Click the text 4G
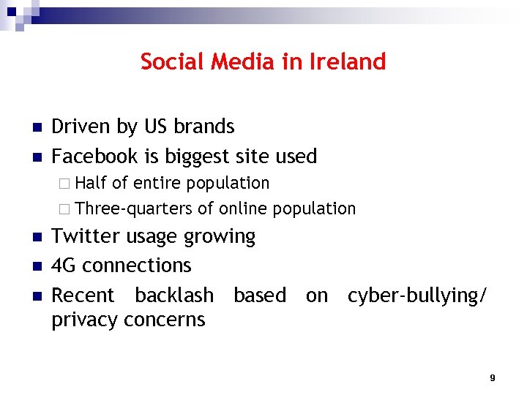(64, 266)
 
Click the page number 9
(492, 377)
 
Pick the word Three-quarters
(134, 209)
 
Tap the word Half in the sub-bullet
(91, 183)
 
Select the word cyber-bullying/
(416, 296)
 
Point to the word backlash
(174, 296)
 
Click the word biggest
(198, 157)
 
